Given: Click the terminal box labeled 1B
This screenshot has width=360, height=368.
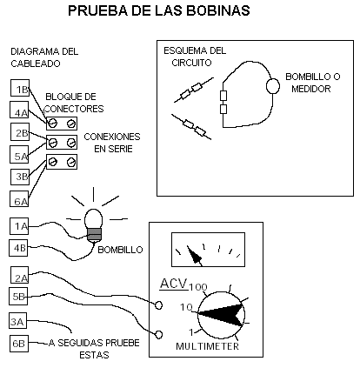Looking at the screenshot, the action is [x=20, y=88].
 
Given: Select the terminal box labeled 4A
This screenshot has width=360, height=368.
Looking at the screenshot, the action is [x=19, y=110].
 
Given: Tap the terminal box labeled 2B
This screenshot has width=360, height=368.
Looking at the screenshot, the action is [x=20, y=131].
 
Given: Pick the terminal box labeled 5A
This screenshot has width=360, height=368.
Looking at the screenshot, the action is [x=19, y=154].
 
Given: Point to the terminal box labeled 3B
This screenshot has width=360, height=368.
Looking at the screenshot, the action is [x=20, y=177].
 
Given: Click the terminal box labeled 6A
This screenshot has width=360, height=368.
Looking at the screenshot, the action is [x=19, y=198].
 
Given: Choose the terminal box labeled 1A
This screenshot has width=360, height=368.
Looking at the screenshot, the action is [x=19, y=226].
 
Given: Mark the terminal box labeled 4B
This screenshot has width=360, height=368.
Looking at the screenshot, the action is [x=18, y=248].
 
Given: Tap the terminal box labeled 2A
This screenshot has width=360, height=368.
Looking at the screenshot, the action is [x=20, y=275].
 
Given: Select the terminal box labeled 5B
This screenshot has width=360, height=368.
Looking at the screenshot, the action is [x=18, y=296].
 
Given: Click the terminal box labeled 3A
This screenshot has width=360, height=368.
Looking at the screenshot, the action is [x=17, y=321].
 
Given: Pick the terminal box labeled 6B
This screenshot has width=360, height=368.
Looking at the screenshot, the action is [x=19, y=344].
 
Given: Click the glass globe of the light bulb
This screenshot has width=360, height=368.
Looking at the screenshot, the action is [x=93, y=218].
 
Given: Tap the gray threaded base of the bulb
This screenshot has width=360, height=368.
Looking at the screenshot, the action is [x=94, y=234].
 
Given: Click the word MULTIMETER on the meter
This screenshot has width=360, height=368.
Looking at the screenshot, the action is [x=207, y=346].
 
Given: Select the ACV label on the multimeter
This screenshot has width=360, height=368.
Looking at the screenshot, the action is [x=174, y=284].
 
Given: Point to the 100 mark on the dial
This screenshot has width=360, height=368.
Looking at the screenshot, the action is [x=198, y=287].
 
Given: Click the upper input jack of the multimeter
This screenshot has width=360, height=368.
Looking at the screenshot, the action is [x=158, y=305].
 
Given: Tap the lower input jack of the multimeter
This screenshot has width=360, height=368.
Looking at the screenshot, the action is [x=158, y=334].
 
